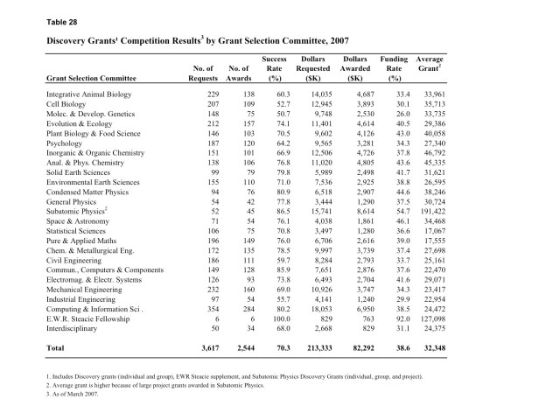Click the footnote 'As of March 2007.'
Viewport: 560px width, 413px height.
pyautogui.click(x=80, y=394)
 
